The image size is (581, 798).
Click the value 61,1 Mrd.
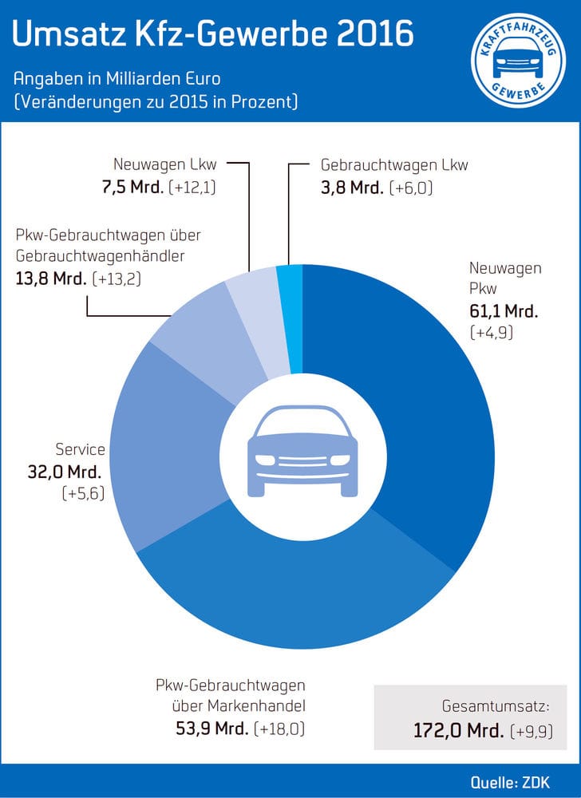(x=504, y=310)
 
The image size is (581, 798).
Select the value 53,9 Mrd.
(x=211, y=729)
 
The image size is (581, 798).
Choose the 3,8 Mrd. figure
(x=350, y=188)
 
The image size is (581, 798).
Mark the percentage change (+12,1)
(x=198, y=188)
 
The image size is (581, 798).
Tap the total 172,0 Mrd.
(x=458, y=730)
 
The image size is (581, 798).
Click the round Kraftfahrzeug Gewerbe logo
(x=514, y=61)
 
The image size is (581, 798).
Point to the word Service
(x=80, y=450)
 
